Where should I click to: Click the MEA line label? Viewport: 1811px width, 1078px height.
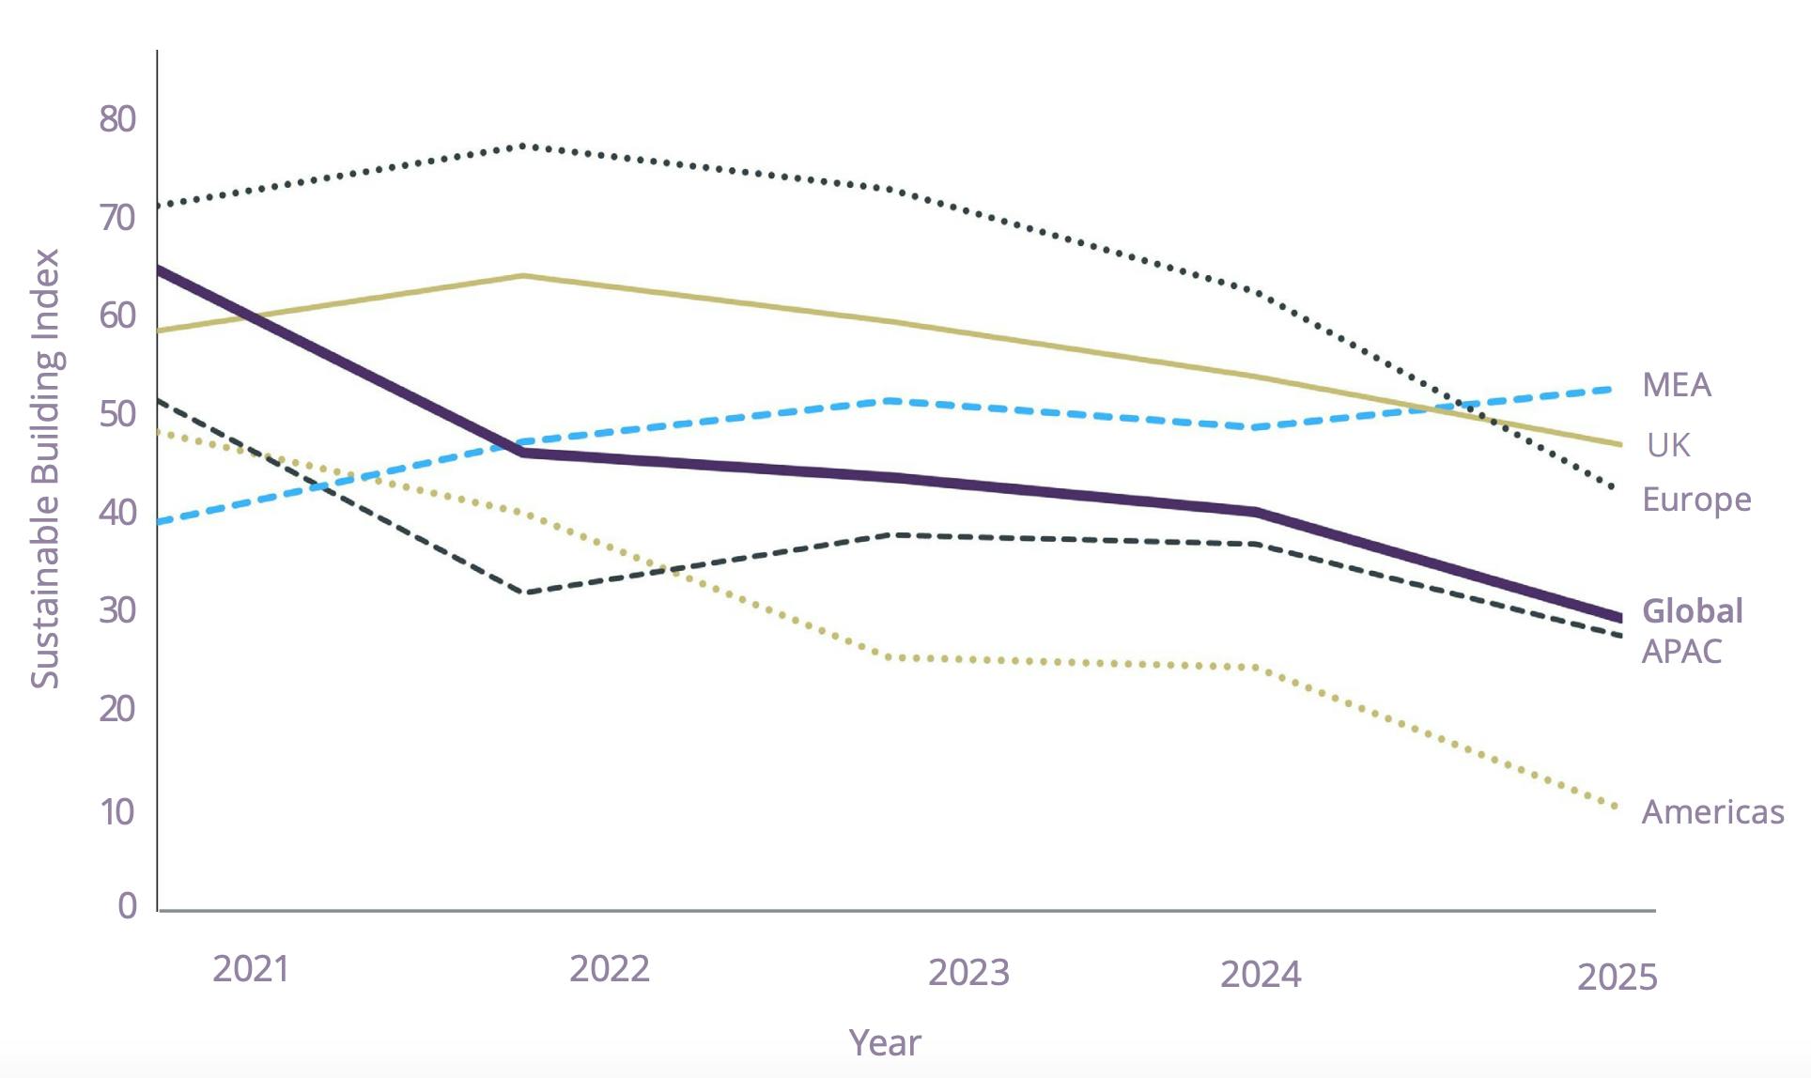[x=1677, y=385]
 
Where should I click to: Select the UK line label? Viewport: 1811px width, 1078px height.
[x=1668, y=445]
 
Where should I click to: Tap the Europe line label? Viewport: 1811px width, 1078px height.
[x=1696, y=500]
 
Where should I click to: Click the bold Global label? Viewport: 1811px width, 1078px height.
[x=1692, y=611]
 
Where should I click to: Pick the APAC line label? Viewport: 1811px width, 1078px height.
[x=1681, y=651]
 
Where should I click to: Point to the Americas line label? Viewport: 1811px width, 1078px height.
[x=1712, y=812]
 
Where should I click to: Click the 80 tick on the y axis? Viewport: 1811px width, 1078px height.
[x=117, y=119]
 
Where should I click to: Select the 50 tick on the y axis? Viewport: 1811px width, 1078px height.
[x=117, y=414]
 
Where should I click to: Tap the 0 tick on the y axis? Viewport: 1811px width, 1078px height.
[x=128, y=906]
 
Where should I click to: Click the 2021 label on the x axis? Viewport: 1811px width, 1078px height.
[x=251, y=969]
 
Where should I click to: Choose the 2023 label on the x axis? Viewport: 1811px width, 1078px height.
[x=968, y=973]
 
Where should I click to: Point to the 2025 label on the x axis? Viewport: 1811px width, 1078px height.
[x=1617, y=978]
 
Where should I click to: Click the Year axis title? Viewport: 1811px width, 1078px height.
[x=885, y=1043]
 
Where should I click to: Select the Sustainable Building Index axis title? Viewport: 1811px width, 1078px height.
[x=45, y=468]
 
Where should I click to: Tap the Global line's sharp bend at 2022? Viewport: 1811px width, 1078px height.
[x=523, y=453]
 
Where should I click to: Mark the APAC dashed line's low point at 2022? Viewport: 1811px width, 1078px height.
[x=526, y=593]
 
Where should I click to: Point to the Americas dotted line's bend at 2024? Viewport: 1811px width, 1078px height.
[x=1257, y=668]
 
